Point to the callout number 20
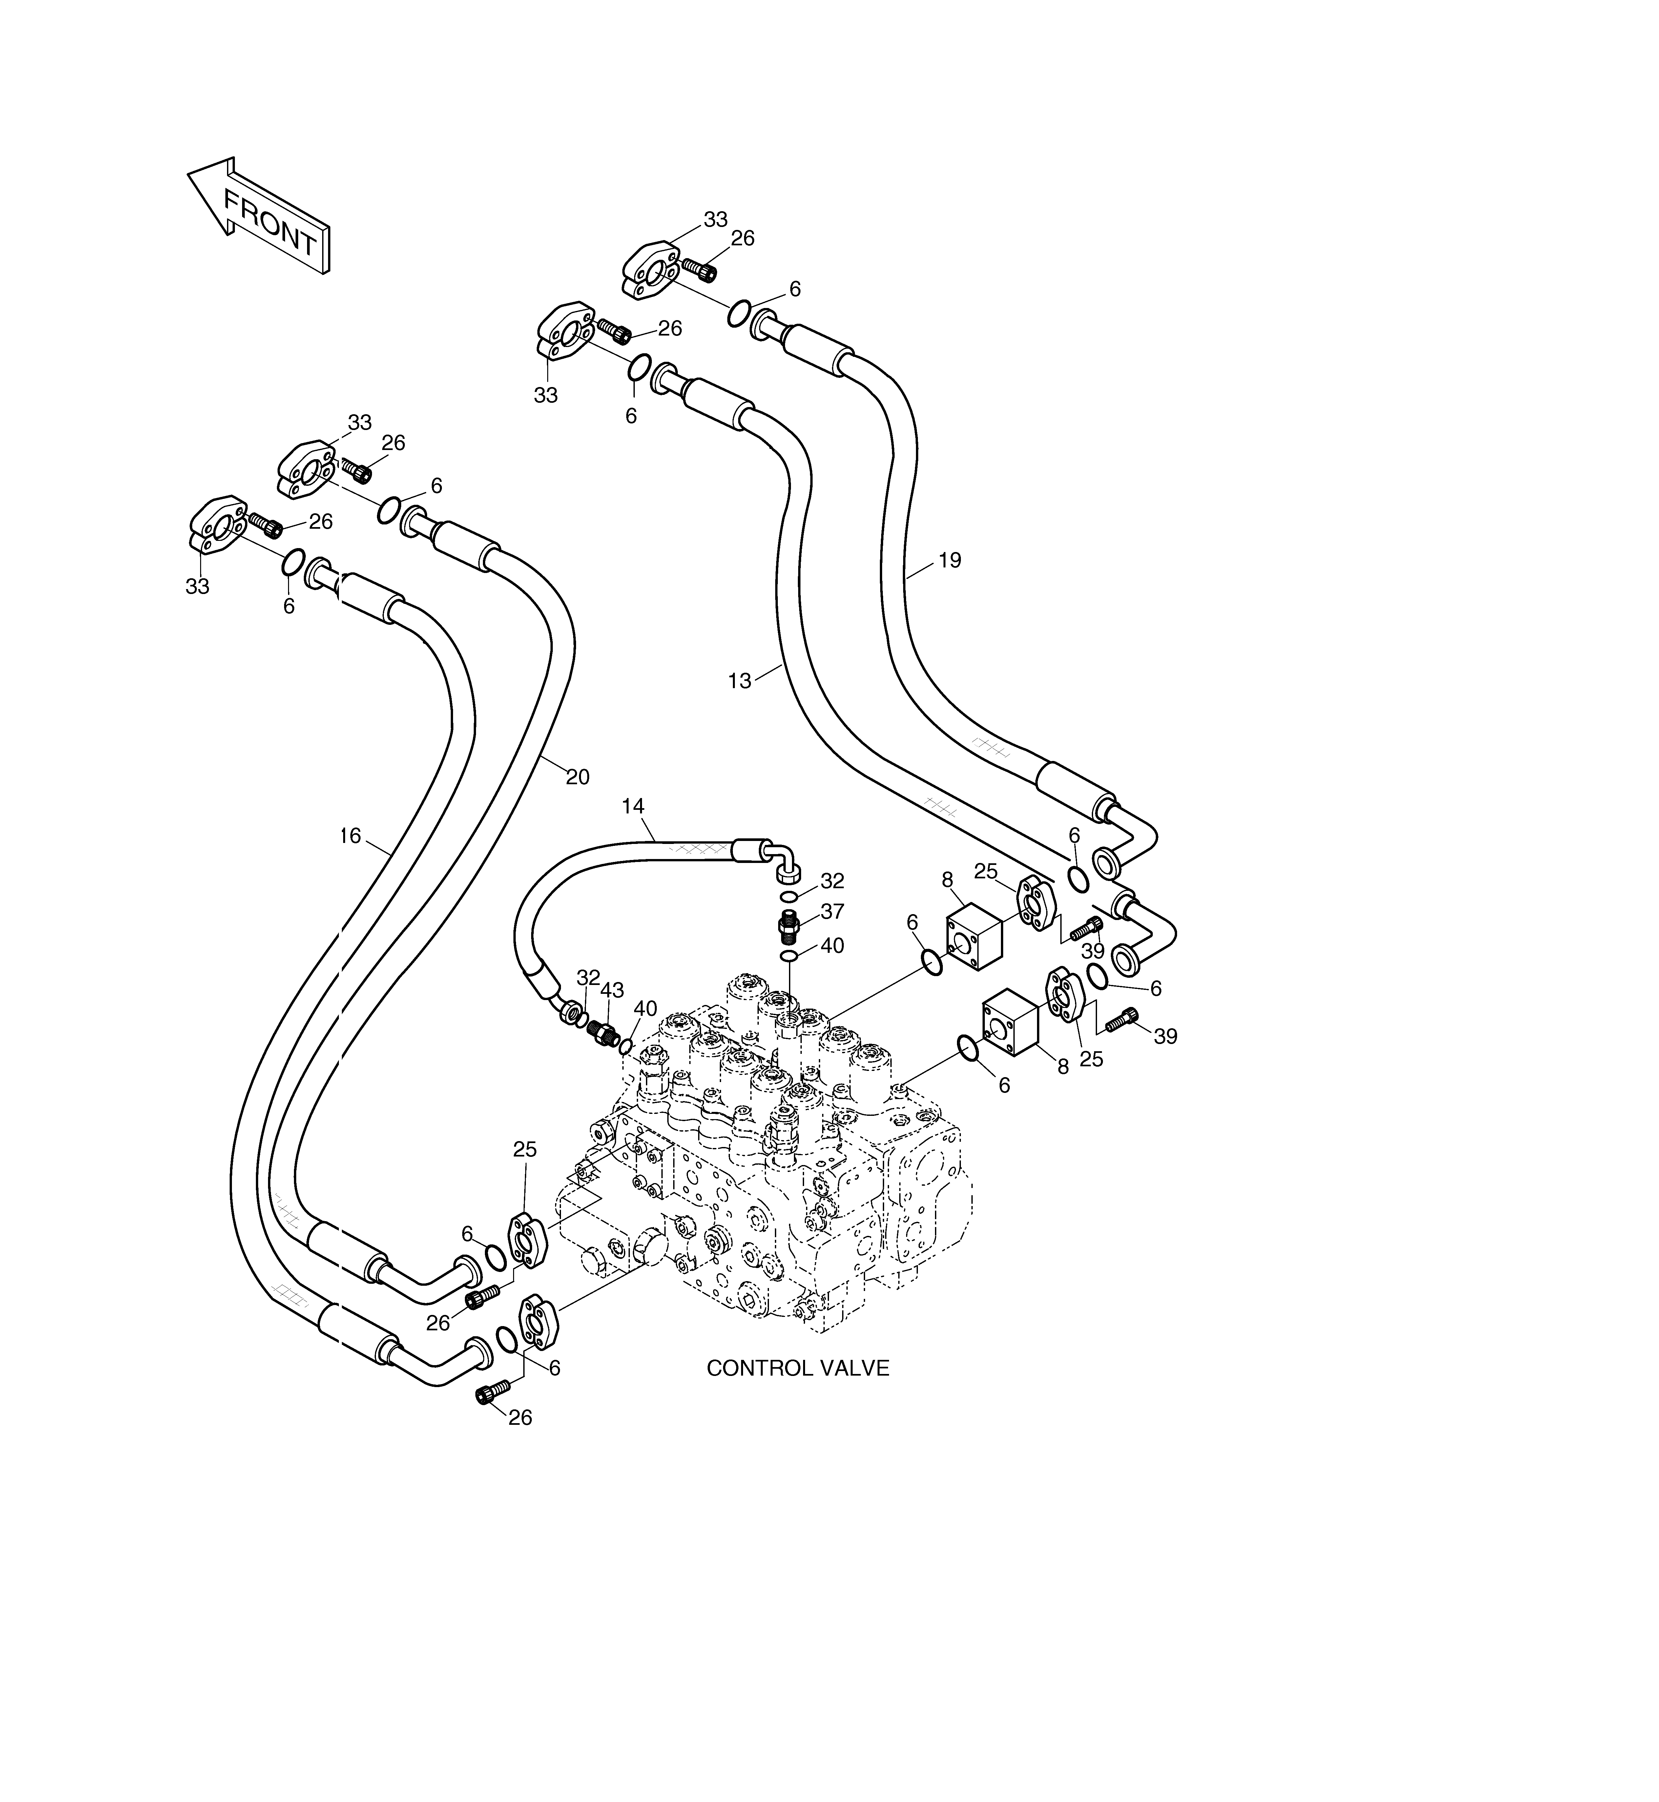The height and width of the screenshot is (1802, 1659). pyautogui.click(x=577, y=777)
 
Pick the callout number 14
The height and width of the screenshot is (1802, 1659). pyautogui.click(x=633, y=807)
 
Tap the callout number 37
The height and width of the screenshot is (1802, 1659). pyautogui.click(x=832, y=912)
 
